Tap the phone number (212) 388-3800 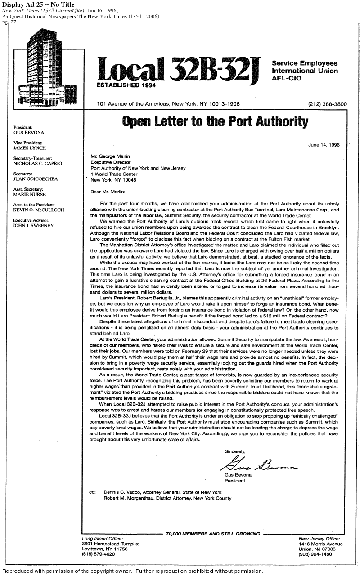click(327, 104)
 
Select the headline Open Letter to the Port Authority click(216, 122)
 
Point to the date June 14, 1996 click(324, 145)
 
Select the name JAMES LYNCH click(30, 148)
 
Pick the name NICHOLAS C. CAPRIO click(38, 164)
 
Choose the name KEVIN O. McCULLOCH click(39, 210)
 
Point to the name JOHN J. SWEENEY click(33, 225)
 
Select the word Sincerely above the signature click(235, 451)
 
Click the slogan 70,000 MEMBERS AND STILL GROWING click(213, 534)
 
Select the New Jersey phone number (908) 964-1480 click(315, 554)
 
